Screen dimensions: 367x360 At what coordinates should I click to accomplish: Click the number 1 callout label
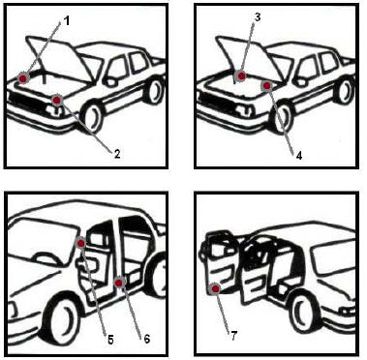pyautogui.click(x=66, y=21)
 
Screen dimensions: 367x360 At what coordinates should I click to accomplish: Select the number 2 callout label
pyautogui.click(x=117, y=154)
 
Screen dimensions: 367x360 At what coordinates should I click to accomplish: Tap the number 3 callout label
pyautogui.click(x=258, y=17)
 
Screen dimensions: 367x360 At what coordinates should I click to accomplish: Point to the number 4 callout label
pyautogui.click(x=299, y=156)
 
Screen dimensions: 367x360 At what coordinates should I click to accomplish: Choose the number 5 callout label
pyautogui.click(x=110, y=340)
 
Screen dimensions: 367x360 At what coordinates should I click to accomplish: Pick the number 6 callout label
pyautogui.click(x=147, y=339)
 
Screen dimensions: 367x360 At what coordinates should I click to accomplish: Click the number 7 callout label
pyautogui.click(x=233, y=336)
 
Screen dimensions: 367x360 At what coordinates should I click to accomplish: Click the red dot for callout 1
pyautogui.click(x=23, y=78)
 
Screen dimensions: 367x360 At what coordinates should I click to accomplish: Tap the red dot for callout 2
pyautogui.click(x=57, y=100)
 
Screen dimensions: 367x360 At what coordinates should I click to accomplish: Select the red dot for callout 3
pyautogui.click(x=241, y=75)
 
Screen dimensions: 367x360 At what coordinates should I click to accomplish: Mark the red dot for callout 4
pyautogui.click(x=266, y=85)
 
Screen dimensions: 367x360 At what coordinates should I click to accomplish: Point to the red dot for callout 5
pyautogui.click(x=81, y=243)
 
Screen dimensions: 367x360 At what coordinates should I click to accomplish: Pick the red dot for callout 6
pyautogui.click(x=119, y=283)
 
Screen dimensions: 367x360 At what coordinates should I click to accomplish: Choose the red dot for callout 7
pyautogui.click(x=215, y=288)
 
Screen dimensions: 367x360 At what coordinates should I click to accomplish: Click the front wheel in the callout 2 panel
pyautogui.click(x=94, y=117)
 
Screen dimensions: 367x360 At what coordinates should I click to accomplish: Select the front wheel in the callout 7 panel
pyautogui.click(x=306, y=311)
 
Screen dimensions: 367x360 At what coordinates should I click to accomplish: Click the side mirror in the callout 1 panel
pyautogui.click(x=110, y=80)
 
